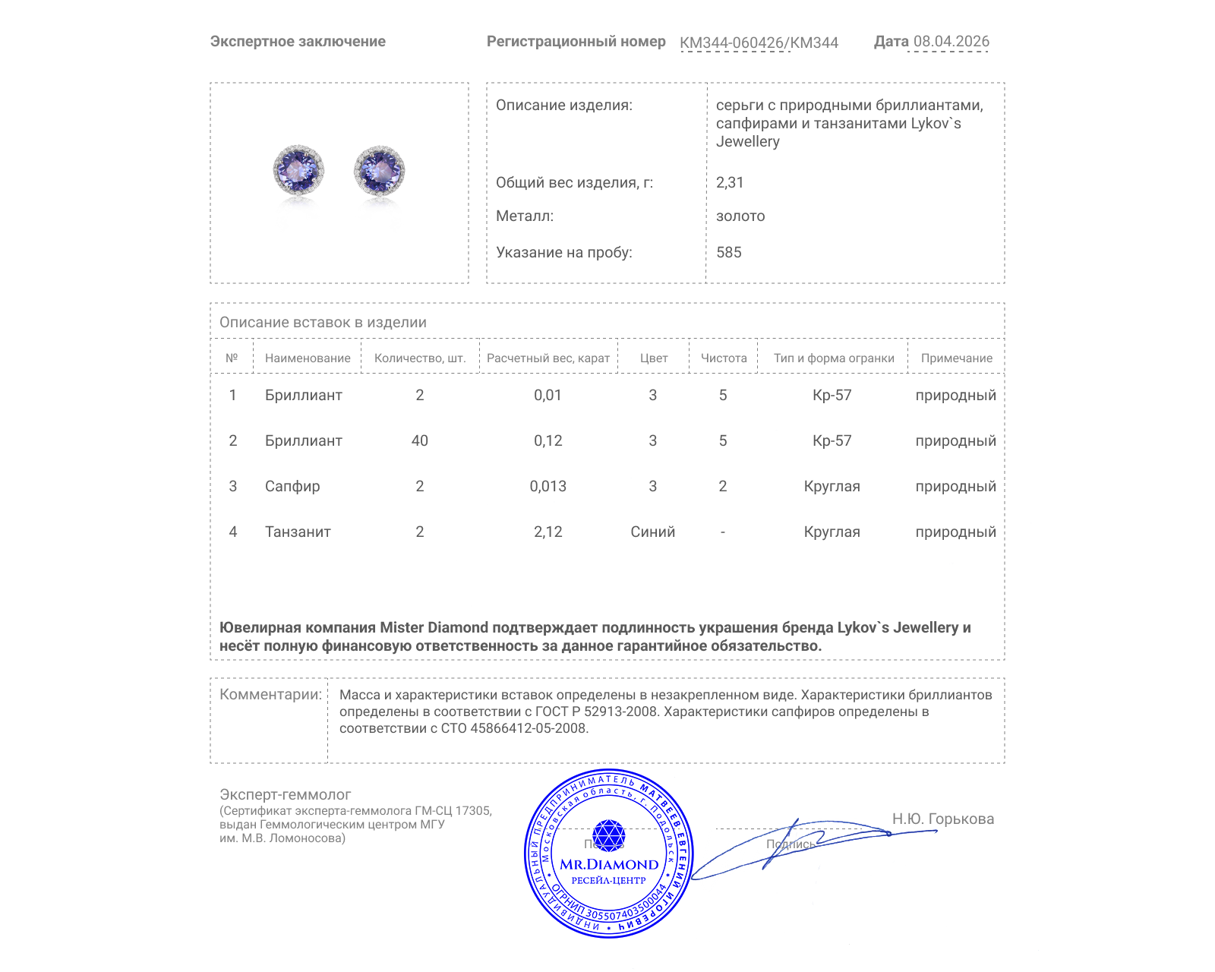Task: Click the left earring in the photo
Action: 298,170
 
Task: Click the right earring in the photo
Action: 380,170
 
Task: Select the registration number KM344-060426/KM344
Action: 759,43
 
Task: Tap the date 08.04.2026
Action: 951,42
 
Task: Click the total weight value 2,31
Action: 730,182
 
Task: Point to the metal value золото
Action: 740,216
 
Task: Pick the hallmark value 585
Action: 729,252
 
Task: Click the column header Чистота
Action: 723,358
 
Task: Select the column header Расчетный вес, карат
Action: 548,358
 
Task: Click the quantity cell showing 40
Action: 419,440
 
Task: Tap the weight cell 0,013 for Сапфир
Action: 548,486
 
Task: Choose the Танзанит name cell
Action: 298,532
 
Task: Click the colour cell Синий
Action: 652,532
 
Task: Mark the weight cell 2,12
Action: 548,532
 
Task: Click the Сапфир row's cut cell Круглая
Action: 832,486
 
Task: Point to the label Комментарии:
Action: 270,694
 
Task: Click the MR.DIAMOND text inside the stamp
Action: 609,864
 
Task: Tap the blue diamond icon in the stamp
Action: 608,835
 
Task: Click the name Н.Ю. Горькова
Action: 942,819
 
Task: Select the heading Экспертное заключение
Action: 298,42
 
